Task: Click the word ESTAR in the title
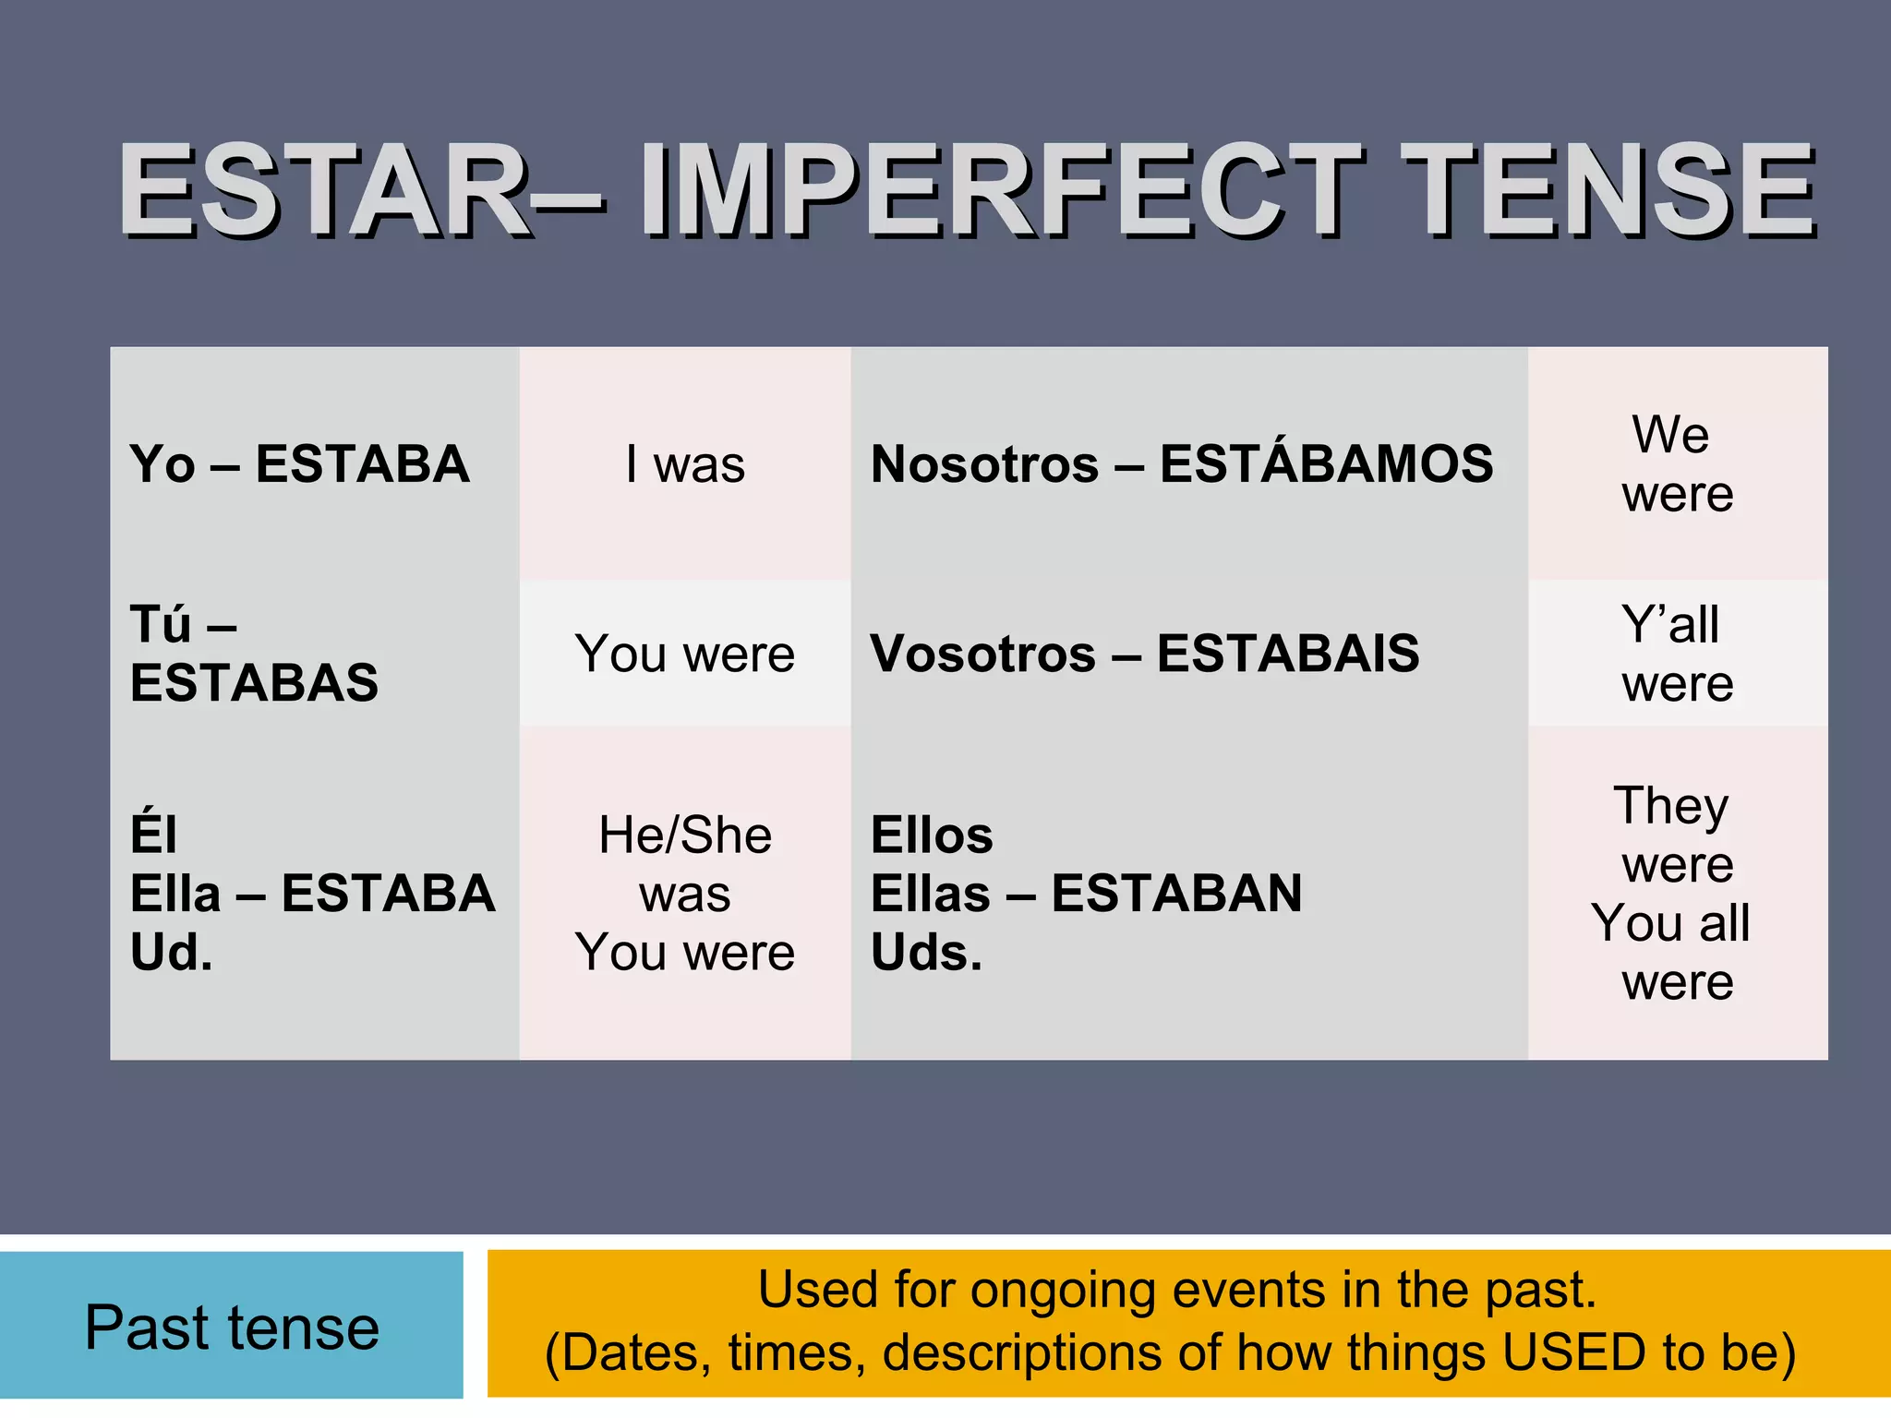coord(323,191)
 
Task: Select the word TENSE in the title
coord(1611,191)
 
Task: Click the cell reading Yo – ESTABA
coord(300,463)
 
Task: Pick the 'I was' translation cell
coord(685,463)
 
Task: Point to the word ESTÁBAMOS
coord(1326,463)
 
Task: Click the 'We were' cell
coord(1677,463)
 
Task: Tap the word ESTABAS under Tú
coord(254,683)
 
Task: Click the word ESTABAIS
coord(1288,654)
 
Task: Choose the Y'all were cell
coord(1677,654)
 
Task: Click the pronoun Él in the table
coord(153,834)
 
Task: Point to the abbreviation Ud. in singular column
coord(172,952)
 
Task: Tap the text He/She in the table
coord(685,835)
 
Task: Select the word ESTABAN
coord(1176,894)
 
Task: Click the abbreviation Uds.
coord(926,952)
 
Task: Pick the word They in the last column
coord(1671,805)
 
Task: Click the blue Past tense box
coord(231,1327)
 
